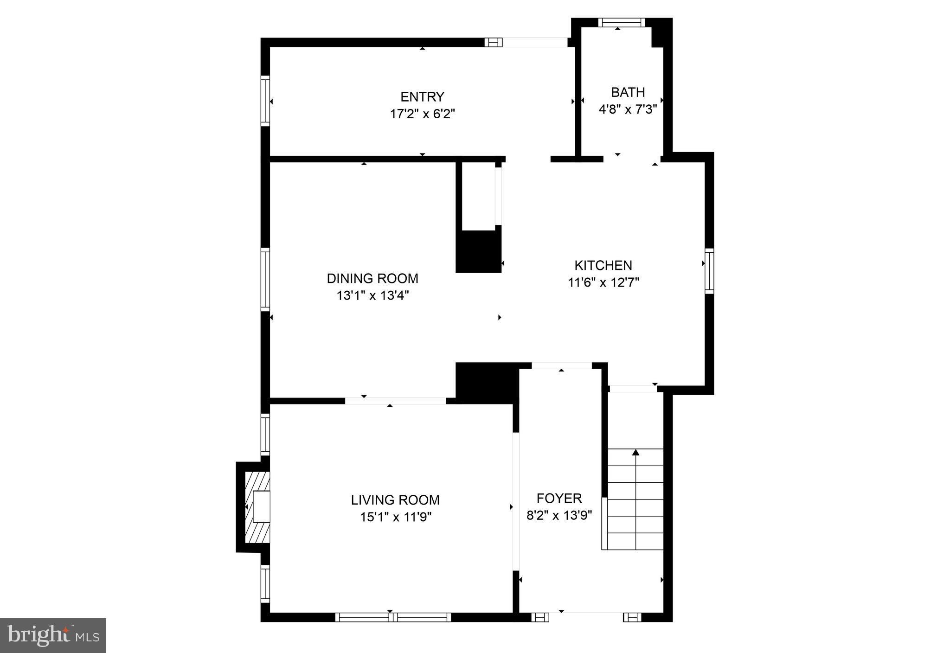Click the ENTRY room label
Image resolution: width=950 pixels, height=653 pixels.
click(x=422, y=96)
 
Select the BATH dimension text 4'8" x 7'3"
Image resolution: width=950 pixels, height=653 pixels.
click(x=628, y=109)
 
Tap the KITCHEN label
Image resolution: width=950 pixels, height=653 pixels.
click(x=603, y=265)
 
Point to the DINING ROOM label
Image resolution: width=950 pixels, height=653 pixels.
click(x=372, y=278)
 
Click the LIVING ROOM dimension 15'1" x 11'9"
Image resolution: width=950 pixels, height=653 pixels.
click(x=396, y=517)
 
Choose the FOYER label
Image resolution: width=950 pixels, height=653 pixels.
click(x=559, y=498)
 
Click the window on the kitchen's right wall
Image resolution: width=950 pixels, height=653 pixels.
click(x=709, y=271)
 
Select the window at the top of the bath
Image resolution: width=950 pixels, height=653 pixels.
click(x=621, y=22)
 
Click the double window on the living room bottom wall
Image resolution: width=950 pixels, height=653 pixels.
click(x=393, y=617)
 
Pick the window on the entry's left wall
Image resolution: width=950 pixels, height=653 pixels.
click(x=265, y=101)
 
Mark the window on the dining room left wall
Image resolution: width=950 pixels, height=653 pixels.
click(x=265, y=279)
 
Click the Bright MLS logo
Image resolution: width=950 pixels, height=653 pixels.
click(x=53, y=635)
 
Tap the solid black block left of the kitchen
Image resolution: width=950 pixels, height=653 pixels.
click(x=479, y=251)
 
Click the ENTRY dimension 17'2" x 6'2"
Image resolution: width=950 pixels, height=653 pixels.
click(x=422, y=114)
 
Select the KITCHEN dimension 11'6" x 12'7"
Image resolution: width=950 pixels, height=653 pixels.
click(x=603, y=282)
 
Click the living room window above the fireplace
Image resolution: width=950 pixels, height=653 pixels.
click(x=265, y=435)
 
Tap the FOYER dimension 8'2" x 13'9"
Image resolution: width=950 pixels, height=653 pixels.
click(x=559, y=515)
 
